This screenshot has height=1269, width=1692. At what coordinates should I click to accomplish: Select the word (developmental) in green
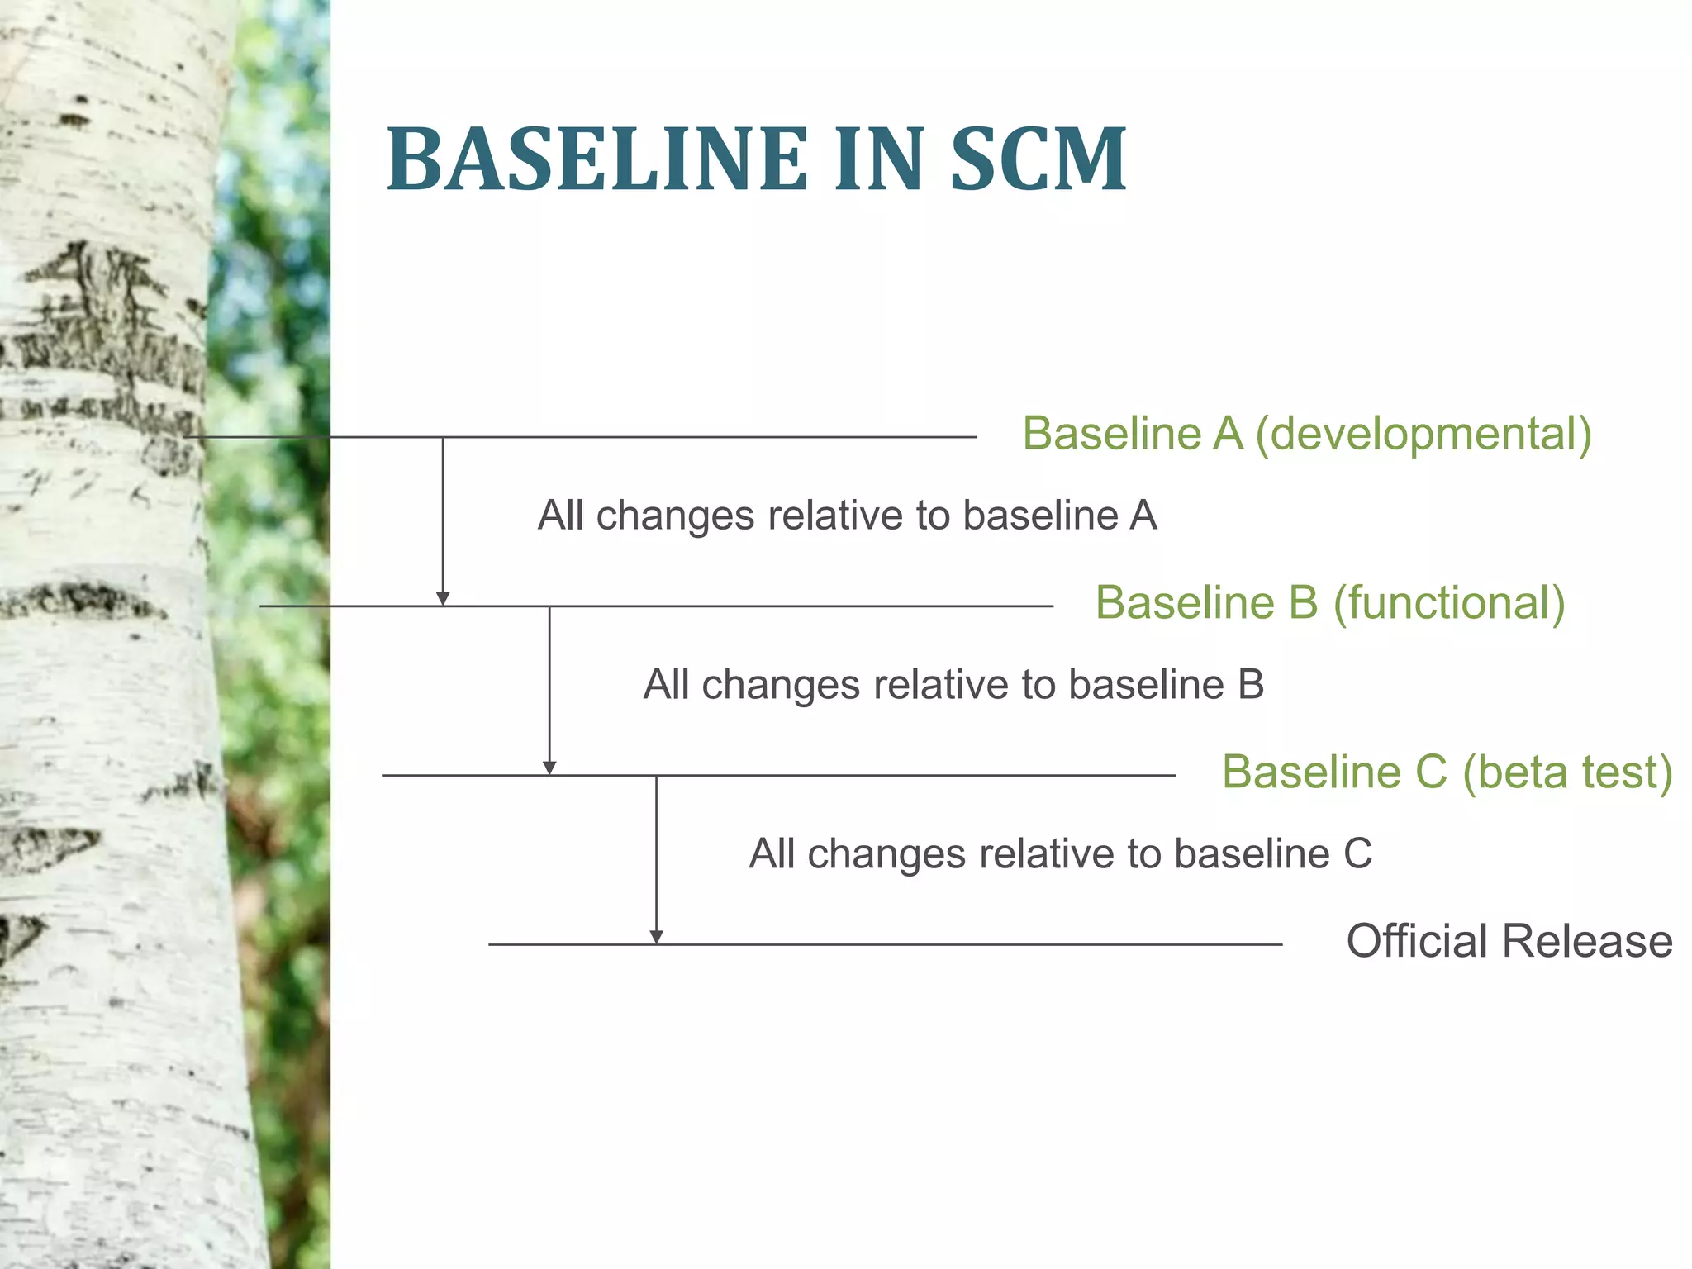click(x=1423, y=434)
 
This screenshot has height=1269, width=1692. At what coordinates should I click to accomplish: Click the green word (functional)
click(x=1449, y=603)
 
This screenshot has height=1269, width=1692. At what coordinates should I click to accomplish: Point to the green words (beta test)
click(x=1567, y=772)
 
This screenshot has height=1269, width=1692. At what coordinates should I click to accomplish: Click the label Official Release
click(x=1509, y=941)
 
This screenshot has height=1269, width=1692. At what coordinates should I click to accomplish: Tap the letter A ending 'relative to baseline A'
click(x=1143, y=516)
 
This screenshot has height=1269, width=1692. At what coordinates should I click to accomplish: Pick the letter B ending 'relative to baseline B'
click(x=1250, y=685)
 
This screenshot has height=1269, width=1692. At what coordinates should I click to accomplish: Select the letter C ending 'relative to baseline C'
click(x=1357, y=854)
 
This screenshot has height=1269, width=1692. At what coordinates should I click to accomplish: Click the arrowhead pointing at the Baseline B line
click(x=443, y=599)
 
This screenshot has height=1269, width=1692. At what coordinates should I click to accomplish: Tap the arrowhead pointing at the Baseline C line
click(x=549, y=768)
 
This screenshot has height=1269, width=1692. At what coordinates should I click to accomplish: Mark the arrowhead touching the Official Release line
click(x=656, y=937)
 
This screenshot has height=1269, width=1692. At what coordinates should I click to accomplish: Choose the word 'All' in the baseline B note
click(x=665, y=685)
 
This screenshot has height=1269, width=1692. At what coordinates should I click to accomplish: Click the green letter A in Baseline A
click(x=1228, y=434)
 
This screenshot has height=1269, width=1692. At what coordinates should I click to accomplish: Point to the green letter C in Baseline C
click(x=1431, y=772)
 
